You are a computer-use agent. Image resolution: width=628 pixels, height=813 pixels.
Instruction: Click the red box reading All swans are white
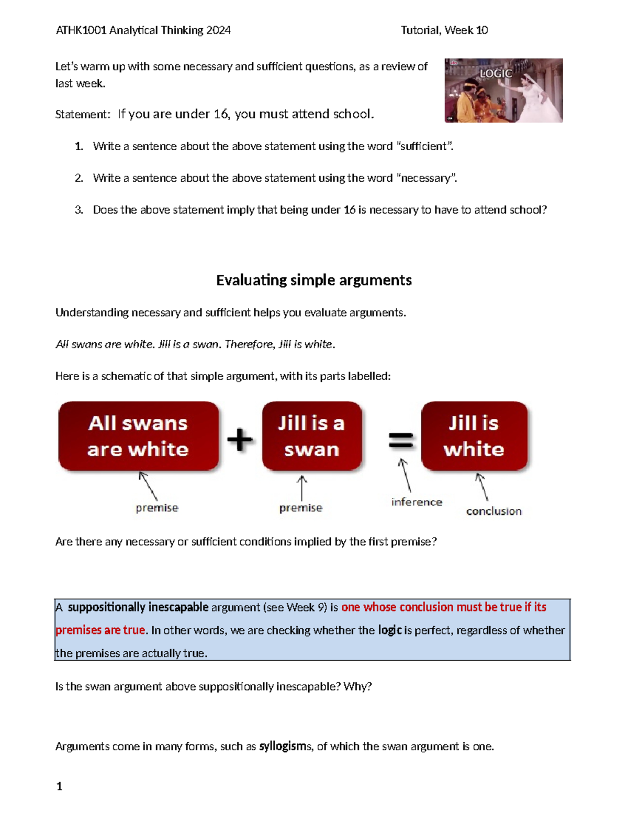tap(138, 436)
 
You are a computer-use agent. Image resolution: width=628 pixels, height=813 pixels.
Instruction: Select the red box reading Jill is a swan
tap(312, 436)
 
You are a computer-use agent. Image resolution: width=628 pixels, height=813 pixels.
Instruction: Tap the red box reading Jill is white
tap(474, 436)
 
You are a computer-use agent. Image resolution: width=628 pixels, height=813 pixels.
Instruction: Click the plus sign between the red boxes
tap(240, 439)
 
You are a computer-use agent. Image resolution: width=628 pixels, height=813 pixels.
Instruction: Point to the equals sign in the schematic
tap(401, 440)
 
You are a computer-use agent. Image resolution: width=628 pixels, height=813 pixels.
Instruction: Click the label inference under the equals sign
tap(417, 502)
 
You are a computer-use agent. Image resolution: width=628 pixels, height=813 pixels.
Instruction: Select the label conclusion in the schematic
tap(494, 511)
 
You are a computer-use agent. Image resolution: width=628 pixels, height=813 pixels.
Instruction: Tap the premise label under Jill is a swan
tap(300, 508)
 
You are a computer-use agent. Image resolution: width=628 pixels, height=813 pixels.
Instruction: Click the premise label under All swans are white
tap(157, 508)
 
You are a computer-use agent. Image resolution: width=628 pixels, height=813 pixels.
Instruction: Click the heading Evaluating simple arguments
tap(314, 280)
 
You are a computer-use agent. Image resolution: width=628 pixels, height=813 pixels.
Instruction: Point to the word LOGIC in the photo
tap(496, 73)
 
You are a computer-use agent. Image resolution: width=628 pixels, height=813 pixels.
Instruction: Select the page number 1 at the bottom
tap(59, 786)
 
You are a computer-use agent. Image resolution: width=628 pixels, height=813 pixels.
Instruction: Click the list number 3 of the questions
tap(78, 210)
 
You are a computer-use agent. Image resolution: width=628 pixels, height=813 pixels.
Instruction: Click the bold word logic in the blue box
tap(389, 630)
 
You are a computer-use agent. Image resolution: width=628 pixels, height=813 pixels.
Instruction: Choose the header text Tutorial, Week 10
tap(444, 30)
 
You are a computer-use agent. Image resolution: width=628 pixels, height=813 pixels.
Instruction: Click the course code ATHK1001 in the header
tap(81, 30)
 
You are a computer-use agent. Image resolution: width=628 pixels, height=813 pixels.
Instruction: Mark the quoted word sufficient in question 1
tap(424, 146)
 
